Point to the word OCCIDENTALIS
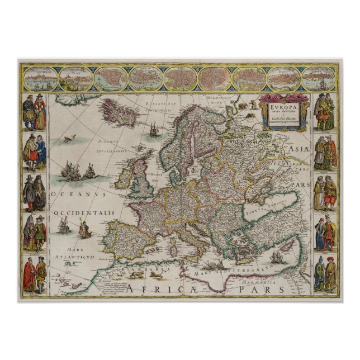coord(84,214)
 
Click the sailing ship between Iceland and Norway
coord(153,131)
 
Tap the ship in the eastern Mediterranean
coord(278,258)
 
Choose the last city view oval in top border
coord(319,79)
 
